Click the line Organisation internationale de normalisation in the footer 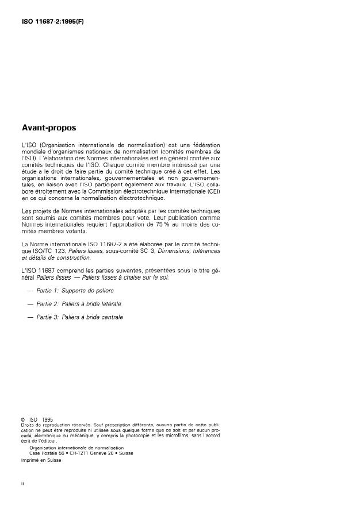(76, 448)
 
